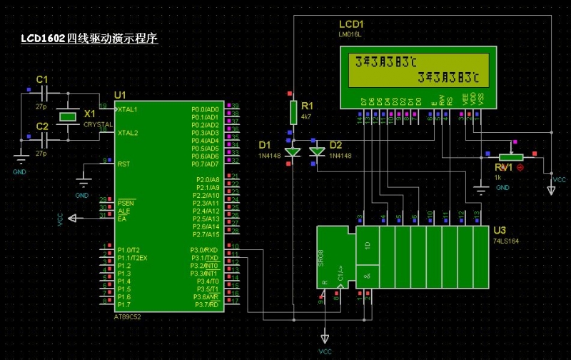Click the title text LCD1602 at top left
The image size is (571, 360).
(x=44, y=38)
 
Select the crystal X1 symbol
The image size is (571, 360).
(x=67, y=116)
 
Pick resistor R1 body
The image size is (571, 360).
(x=293, y=111)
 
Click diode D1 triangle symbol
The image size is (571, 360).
(x=292, y=151)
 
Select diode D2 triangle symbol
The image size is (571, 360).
(x=317, y=151)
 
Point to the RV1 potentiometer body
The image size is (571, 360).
(x=510, y=157)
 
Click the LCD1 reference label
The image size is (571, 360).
(x=351, y=24)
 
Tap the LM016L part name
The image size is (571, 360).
(x=350, y=34)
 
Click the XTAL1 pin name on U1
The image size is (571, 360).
(x=128, y=109)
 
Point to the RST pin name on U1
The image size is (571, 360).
(x=123, y=164)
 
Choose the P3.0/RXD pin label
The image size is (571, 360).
(x=204, y=250)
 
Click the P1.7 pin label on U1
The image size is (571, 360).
(x=124, y=305)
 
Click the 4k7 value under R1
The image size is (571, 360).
(x=306, y=116)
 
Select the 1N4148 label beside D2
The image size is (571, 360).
(x=340, y=155)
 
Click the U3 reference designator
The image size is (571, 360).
(x=500, y=231)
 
